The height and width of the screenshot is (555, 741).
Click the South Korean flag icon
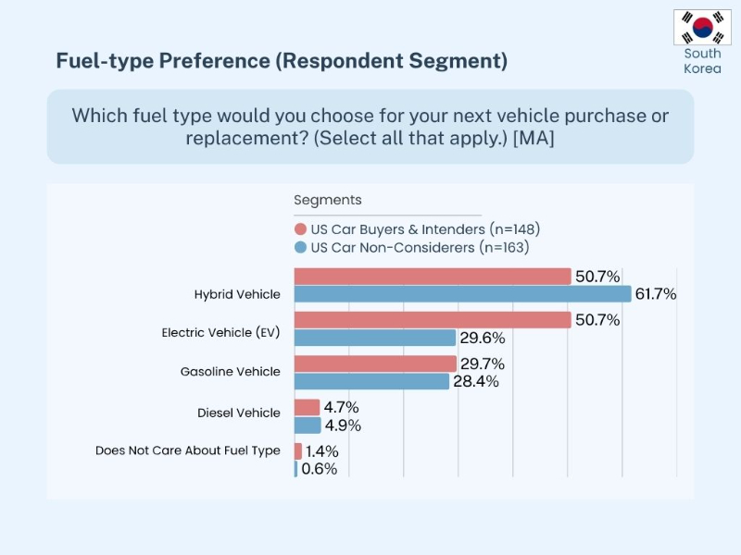pos(702,28)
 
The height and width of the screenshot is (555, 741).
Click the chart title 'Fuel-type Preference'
pos(281,61)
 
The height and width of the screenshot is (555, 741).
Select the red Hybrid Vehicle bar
pos(432,277)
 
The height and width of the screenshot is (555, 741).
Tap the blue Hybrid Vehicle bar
pos(462,294)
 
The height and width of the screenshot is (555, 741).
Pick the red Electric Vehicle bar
pos(432,320)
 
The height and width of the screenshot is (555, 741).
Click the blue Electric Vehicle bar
pos(374,338)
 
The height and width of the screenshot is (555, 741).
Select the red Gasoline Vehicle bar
pos(375,364)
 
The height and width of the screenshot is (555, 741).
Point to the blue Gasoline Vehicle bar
pos(371,381)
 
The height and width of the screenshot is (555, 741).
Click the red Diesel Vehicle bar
pos(307,407)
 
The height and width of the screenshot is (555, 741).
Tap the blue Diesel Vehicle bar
pos(308,425)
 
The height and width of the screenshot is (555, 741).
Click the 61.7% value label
pos(656,294)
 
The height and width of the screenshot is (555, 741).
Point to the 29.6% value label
pos(480,338)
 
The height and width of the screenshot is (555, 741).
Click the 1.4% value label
pos(322,451)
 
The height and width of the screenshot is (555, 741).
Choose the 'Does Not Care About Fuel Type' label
pos(187,451)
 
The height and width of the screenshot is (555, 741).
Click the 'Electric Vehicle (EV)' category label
pos(220,332)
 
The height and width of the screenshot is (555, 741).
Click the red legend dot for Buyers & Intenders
pos(300,229)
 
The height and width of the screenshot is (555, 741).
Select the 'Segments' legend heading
pos(328,200)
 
